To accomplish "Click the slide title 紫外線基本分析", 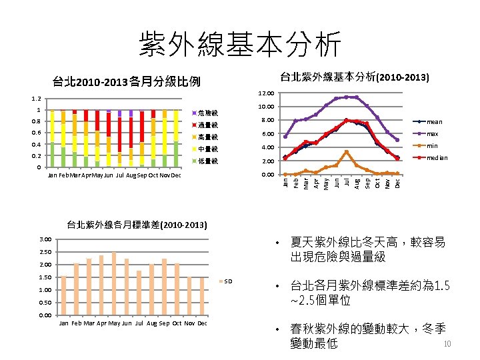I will coord(240,45).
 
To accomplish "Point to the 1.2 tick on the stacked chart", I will coord(37,99).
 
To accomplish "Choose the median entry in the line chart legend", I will coord(437,158).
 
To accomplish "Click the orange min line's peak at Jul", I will coord(347,152).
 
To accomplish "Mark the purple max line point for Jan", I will coord(285,137).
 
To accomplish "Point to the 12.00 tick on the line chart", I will coord(267,93).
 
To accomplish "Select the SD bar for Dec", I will coord(202,297).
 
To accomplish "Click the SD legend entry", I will coord(227,281).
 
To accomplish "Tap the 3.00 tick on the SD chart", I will coord(45,239).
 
